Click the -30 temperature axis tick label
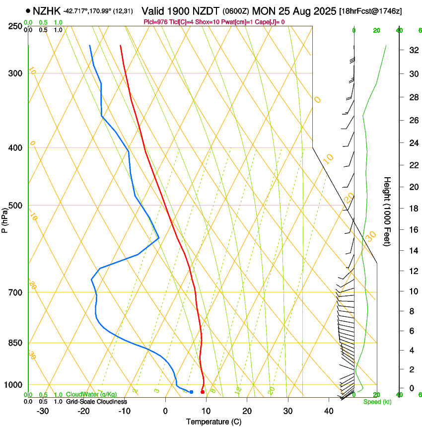coord(43,411)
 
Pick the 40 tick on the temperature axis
coord(328,411)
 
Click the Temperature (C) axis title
coord(213,422)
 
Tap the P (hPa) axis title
coord(5,218)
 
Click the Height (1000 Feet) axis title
coord(387,211)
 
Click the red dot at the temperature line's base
coord(203,392)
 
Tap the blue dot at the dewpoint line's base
coord(191,392)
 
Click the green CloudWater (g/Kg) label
coord(91,394)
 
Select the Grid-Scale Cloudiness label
coord(96,401)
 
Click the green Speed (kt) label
coord(377,401)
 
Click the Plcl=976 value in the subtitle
coord(154,22)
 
